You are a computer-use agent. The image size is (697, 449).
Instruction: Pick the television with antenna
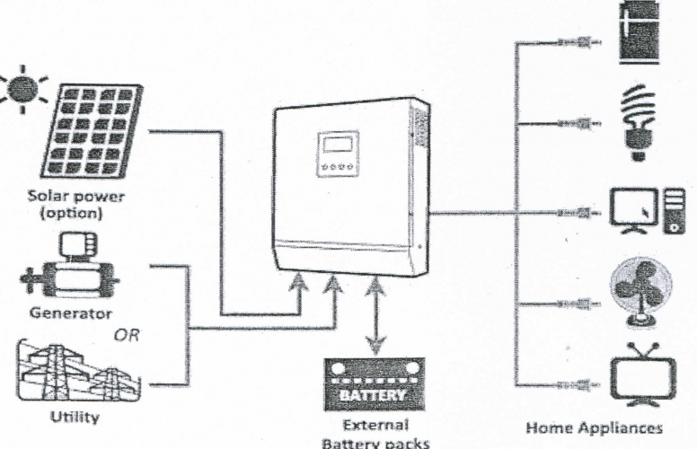pos(640,373)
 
